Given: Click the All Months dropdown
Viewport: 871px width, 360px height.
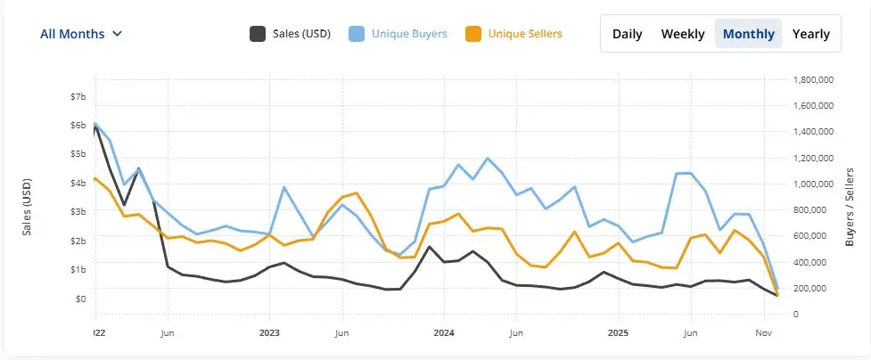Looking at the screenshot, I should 81,34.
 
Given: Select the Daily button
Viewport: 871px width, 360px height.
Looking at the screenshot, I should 628,34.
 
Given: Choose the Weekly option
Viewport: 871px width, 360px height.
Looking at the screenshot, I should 683,34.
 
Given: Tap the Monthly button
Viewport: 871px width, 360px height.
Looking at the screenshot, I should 749,34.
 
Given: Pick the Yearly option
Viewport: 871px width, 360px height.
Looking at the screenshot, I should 810,34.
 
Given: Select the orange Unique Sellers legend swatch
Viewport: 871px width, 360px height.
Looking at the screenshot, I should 473,34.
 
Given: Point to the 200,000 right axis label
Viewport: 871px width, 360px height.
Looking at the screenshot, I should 815,289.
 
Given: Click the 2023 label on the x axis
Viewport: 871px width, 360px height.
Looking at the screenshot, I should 269,333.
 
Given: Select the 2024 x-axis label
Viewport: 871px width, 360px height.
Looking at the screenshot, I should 444,333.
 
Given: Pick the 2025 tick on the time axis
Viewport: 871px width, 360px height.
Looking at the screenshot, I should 619,333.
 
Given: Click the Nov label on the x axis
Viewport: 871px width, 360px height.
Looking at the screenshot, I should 762,333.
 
